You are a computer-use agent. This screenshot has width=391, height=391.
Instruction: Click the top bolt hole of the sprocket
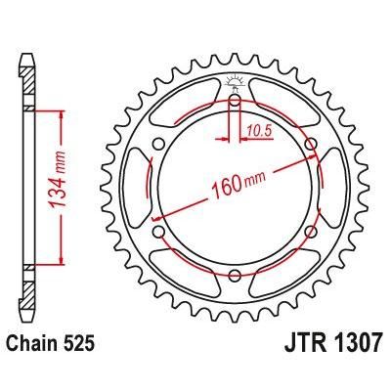point(235,99)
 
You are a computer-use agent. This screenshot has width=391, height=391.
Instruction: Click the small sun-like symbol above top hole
point(235,80)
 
